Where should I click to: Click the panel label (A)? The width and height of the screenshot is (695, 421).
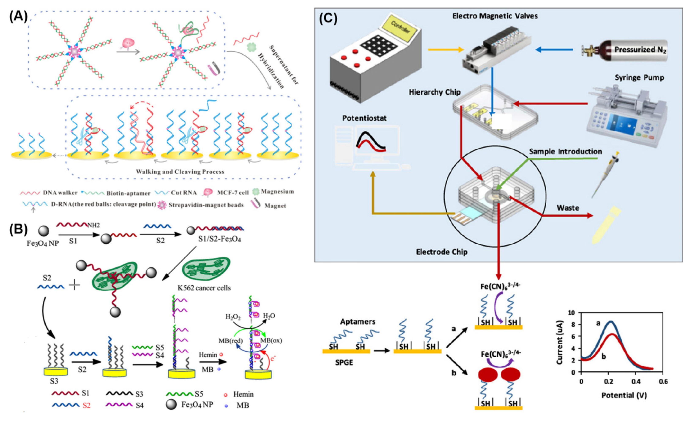pos(19,17)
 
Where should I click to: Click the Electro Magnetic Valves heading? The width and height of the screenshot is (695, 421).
pos(495,16)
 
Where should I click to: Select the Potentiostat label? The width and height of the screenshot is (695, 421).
pos(364,118)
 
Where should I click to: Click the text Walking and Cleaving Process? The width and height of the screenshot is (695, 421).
pos(180,171)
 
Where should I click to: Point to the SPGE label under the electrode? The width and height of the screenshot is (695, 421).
pos(344,363)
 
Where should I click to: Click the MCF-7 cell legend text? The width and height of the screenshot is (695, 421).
pos(233,193)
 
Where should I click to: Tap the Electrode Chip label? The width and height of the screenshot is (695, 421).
pos(442,252)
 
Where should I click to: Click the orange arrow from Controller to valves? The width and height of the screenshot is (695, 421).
pos(446,50)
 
